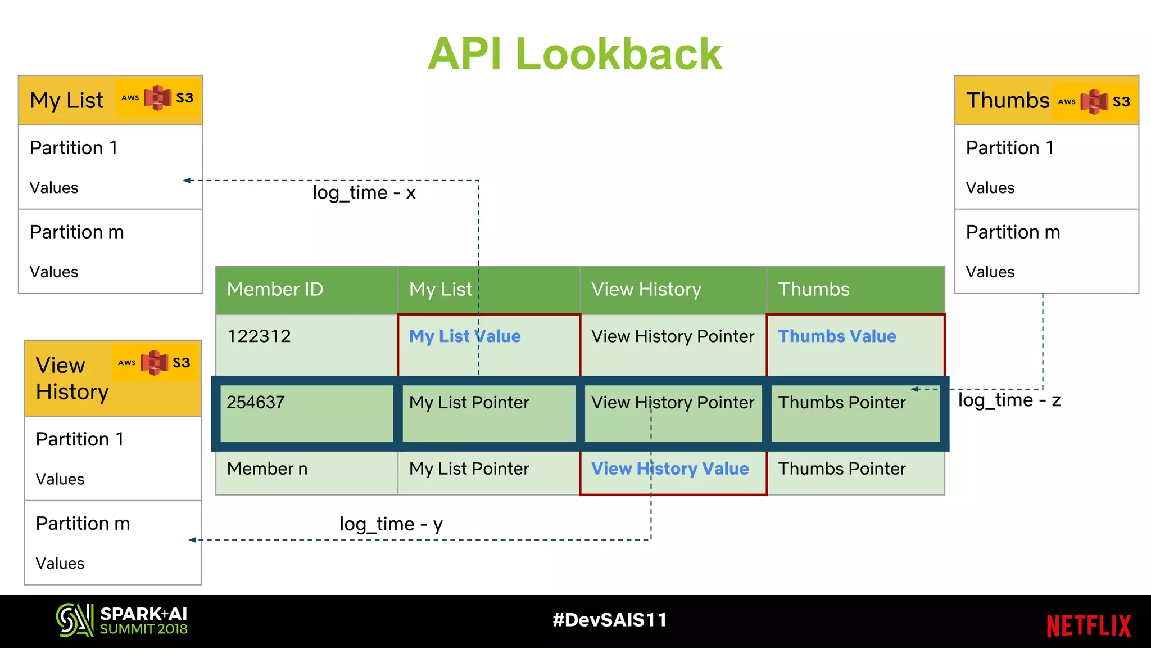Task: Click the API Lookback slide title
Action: tap(574, 54)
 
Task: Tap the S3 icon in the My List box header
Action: tap(158, 98)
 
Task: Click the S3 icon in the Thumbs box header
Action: tap(1094, 101)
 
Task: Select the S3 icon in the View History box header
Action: tap(155, 363)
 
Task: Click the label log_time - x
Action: tap(364, 193)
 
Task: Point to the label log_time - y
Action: tap(391, 524)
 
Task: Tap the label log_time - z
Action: tap(1009, 400)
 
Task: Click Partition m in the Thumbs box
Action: tap(1013, 232)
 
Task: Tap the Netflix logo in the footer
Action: tap(1088, 626)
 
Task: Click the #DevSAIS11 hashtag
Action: tap(609, 620)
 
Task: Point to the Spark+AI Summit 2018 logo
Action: tap(122, 620)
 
